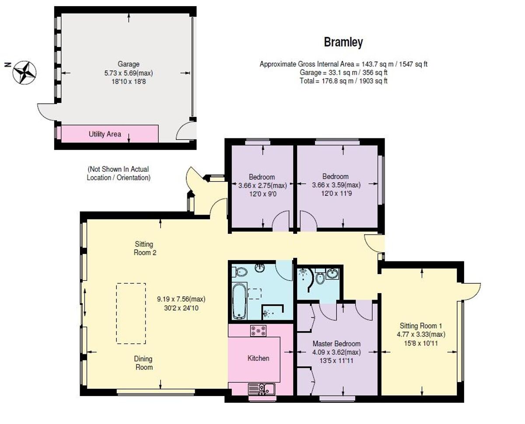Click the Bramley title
click(343, 42)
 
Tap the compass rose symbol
click(24, 72)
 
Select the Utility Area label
click(105, 134)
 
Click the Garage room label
click(128, 64)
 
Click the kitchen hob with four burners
click(258, 331)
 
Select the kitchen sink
click(261, 388)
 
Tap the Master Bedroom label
click(336, 344)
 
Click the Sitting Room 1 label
click(421, 326)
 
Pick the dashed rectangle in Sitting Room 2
click(131, 313)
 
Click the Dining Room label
click(143, 363)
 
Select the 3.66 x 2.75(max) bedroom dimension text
click(262, 185)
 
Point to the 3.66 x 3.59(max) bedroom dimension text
click(336, 185)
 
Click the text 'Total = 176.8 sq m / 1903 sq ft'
click(343, 81)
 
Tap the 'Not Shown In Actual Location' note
click(119, 173)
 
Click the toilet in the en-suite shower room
click(320, 278)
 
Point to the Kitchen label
click(258, 358)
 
